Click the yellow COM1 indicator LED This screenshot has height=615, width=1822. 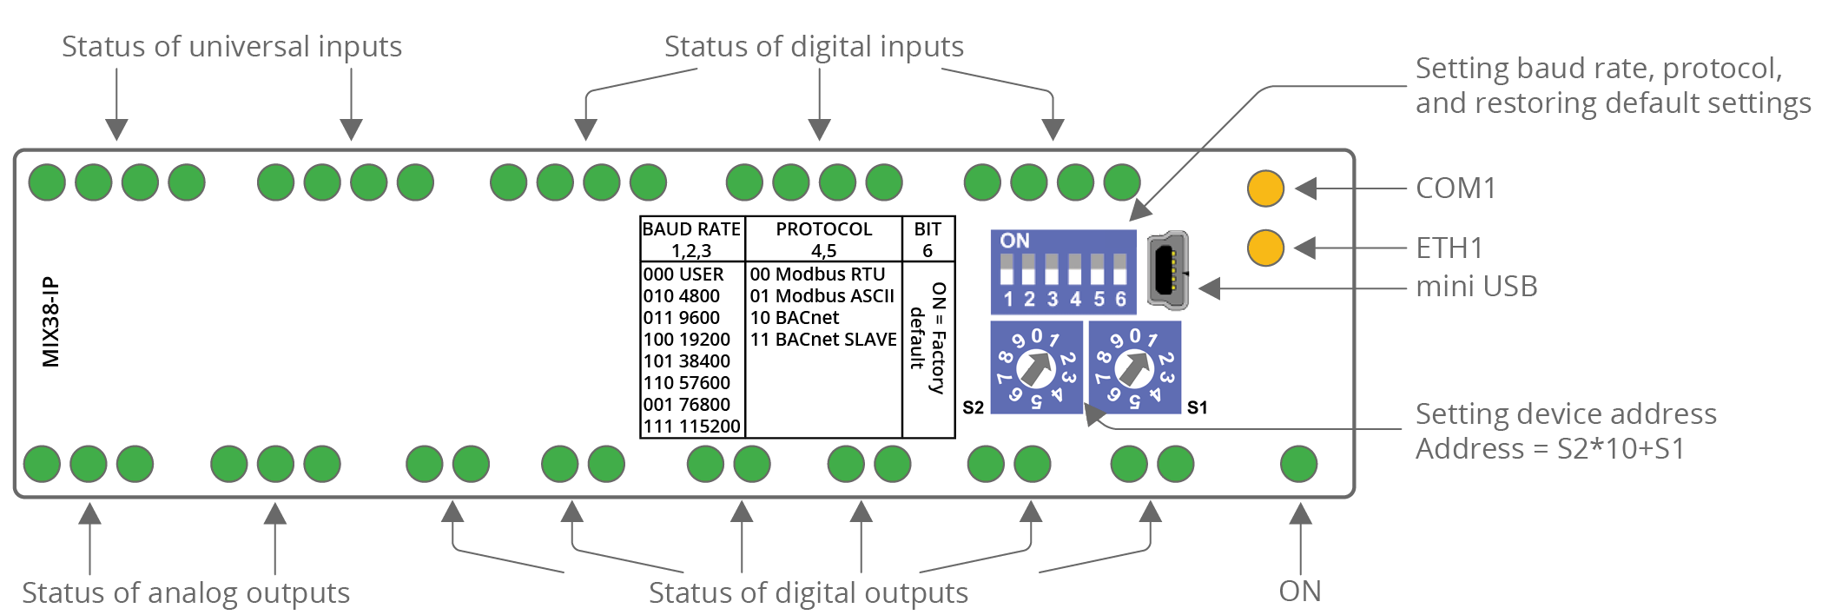1265,188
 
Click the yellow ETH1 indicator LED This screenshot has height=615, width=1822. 1265,248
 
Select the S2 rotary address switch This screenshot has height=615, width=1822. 1036,367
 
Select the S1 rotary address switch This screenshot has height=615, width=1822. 1134,367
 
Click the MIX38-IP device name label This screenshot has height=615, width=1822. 51,322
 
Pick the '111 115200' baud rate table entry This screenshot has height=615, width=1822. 691,427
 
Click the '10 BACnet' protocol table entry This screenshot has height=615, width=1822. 794,318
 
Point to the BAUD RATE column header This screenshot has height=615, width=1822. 691,229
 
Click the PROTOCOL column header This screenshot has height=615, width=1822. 823,229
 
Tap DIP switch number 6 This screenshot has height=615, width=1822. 1120,270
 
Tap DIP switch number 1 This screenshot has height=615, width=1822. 1007,270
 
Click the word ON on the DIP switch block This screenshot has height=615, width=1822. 1014,241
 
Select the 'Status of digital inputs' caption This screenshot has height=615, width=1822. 814,46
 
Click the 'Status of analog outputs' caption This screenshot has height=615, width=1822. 186,592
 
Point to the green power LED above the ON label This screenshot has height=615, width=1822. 1298,464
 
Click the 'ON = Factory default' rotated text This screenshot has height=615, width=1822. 928,338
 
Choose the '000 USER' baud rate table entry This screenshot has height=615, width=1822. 683,274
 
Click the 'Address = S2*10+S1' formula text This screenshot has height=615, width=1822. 1549,449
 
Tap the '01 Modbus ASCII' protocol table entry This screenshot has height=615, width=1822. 822,296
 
